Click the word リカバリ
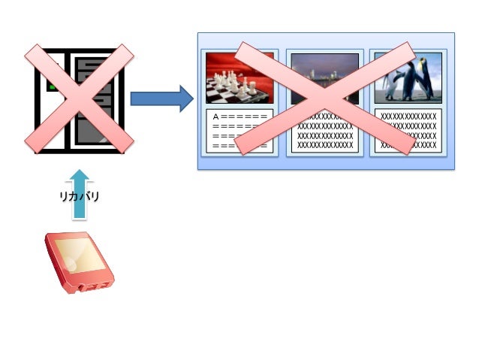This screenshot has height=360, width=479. click(x=80, y=196)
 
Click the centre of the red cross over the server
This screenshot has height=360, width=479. click(x=79, y=98)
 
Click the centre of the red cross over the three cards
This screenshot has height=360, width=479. click(x=325, y=98)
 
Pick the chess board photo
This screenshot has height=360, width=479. click(x=239, y=78)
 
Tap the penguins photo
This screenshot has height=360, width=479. click(x=408, y=78)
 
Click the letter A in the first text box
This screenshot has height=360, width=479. click(x=216, y=117)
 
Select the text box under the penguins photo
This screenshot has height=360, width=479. click(x=408, y=131)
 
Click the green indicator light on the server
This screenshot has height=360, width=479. click(x=53, y=86)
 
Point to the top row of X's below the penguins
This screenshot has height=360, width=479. click(x=408, y=116)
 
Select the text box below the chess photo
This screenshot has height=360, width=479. click(x=239, y=131)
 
